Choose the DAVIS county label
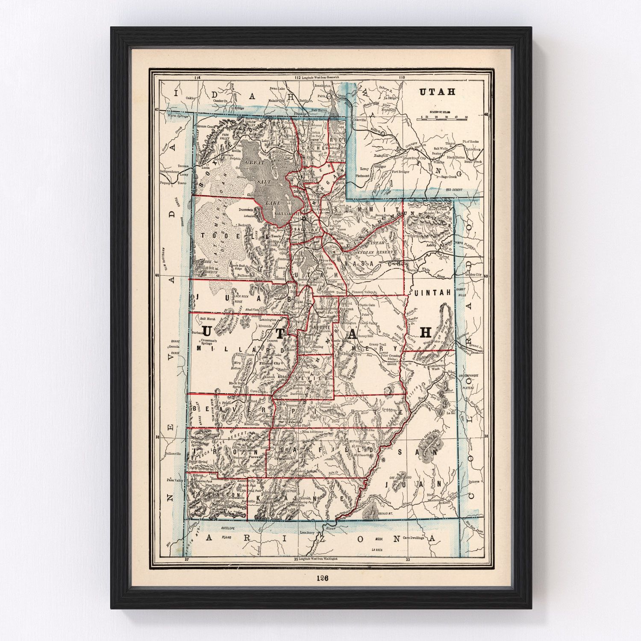point(300,192)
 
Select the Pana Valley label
point(175,481)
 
